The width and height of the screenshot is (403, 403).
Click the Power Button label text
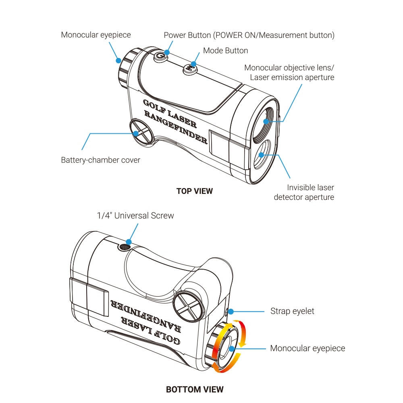pos(249,35)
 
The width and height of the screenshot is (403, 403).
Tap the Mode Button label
pos(225,51)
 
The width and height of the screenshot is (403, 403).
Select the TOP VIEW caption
pos(195,191)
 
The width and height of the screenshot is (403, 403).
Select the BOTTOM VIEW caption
pos(195,389)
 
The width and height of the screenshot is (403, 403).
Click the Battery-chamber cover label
pos(100,160)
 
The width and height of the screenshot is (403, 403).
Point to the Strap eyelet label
pos(292,311)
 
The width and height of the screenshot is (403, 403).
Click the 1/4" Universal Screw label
pos(135,215)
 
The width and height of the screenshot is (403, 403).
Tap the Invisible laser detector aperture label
pos(304,192)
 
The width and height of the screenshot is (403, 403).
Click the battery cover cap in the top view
pos(141,132)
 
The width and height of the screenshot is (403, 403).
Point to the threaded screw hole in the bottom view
pos(125,247)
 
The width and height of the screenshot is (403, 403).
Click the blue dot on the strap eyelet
pos(231,312)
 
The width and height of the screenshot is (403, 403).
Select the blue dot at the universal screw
pos(129,242)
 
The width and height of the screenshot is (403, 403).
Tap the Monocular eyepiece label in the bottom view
pos(307,348)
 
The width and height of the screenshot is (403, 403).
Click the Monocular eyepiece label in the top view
pos(96,35)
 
